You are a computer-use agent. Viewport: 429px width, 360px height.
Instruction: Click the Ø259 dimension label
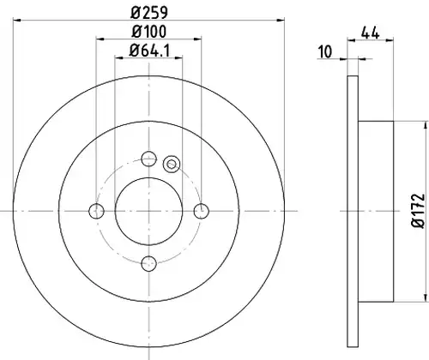(x=149, y=12)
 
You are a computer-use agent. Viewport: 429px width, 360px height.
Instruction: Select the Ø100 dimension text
(x=148, y=31)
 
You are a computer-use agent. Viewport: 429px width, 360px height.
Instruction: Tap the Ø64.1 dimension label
(x=149, y=51)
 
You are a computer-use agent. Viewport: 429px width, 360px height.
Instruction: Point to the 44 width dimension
(x=370, y=33)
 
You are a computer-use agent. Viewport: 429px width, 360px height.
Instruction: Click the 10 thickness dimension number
(x=325, y=51)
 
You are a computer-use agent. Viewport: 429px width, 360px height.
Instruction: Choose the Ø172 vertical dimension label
(x=418, y=211)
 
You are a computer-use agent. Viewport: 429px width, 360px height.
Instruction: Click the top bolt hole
(x=149, y=159)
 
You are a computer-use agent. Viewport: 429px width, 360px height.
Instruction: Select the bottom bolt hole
(x=149, y=263)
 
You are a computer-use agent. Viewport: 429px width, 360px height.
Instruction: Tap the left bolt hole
(x=96, y=211)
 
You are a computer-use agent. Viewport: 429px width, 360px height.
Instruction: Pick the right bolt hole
(x=202, y=211)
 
